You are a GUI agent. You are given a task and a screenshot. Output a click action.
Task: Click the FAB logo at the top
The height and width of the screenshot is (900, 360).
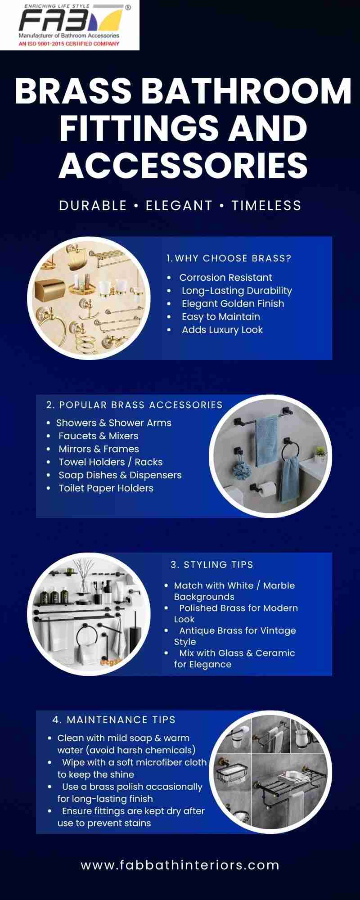click(70, 25)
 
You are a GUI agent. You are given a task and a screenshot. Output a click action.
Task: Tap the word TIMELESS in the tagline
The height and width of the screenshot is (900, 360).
click(266, 206)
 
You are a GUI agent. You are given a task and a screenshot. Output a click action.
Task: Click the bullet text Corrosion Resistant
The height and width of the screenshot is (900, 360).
click(225, 278)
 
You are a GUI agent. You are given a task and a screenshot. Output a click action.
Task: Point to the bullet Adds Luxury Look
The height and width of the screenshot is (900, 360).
click(222, 330)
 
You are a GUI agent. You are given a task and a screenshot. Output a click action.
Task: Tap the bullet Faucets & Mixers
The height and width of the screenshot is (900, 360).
click(99, 436)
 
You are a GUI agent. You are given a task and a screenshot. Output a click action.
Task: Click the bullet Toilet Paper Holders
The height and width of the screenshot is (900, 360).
click(106, 488)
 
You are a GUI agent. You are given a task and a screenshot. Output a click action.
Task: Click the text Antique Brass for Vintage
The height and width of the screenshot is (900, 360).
click(238, 630)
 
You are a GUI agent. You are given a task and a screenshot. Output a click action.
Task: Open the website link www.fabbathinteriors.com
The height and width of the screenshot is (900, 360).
click(180, 865)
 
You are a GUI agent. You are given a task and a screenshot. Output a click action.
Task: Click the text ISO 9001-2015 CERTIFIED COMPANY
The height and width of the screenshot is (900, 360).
click(75, 44)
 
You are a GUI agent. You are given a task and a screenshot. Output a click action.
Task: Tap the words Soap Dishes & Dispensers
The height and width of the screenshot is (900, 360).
click(120, 475)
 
